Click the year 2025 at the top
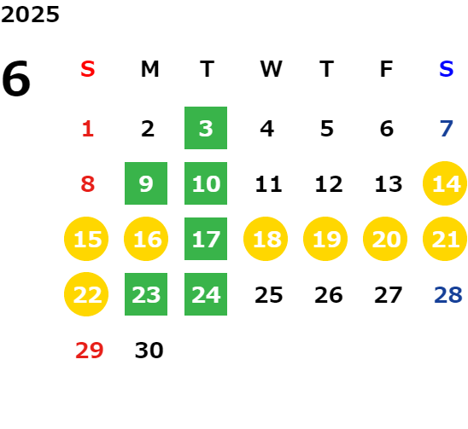pos(30,14)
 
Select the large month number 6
pos(16,78)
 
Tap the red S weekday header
pos(88,69)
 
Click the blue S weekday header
pos(446,69)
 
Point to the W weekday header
pos(271,69)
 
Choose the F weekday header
pos(386,69)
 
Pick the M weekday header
pos(149,69)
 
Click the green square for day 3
pos(206,128)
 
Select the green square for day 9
pos(146,183)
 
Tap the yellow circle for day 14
pos(445,183)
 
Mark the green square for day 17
pos(206,239)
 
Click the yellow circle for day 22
pos(86,294)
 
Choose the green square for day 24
pos(206,294)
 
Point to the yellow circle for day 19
pos(325,239)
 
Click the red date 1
pos(88,129)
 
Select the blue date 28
pos(448,295)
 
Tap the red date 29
pos(89,351)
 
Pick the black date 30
pos(149,351)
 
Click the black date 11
pos(268,184)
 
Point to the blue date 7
pos(447,129)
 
